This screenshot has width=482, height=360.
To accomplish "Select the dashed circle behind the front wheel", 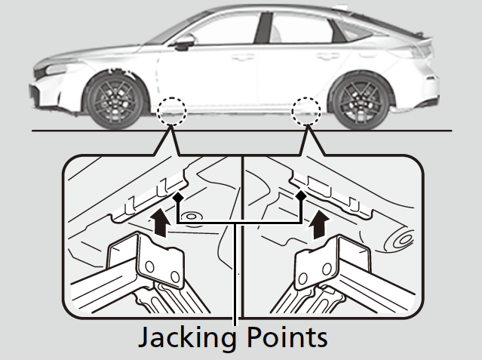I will [x=172, y=110].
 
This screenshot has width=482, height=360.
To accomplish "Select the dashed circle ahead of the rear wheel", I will [x=306, y=110].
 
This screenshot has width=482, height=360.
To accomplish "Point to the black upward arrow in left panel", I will [x=158, y=223].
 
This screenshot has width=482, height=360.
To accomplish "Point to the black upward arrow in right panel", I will [x=321, y=223].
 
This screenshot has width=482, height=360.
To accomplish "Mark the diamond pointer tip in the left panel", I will [x=178, y=196].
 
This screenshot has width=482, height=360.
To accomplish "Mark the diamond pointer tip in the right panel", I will [x=301, y=196].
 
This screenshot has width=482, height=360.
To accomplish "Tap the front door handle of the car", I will [x=242, y=57].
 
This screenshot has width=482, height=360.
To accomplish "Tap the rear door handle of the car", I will [x=325, y=55].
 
